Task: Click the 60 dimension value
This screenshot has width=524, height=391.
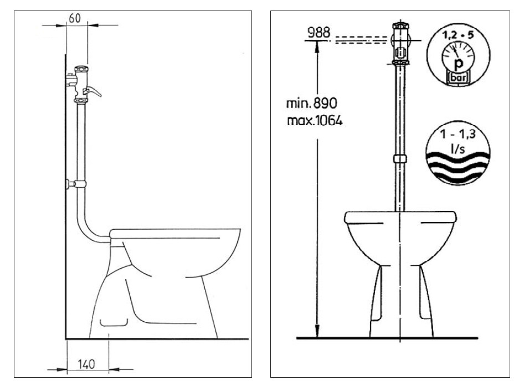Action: (x=75, y=18)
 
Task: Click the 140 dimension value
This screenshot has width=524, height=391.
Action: (x=86, y=364)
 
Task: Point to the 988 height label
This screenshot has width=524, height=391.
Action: (x=319, y=33)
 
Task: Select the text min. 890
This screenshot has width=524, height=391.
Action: (x=312, y=103)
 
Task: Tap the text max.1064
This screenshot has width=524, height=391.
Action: (x=315, y=120)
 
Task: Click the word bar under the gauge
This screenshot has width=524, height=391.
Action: (x=458, y=78)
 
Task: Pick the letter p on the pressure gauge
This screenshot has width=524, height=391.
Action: (x=459, y=63)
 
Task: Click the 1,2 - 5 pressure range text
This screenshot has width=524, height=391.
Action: (x=458, y=35)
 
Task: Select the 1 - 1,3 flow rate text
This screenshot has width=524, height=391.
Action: (x=458, y=134)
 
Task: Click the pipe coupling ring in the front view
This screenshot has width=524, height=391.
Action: (x=400, y=158)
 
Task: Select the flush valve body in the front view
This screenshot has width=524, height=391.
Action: (x=400, y=43)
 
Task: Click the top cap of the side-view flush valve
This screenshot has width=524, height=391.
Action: (x=82, y=69)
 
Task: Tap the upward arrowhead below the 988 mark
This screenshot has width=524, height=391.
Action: (x=317, y=47)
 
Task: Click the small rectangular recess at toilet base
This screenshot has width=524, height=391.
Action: (x=114, y=322)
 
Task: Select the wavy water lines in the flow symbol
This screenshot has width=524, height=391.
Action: (x=458, y=167)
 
